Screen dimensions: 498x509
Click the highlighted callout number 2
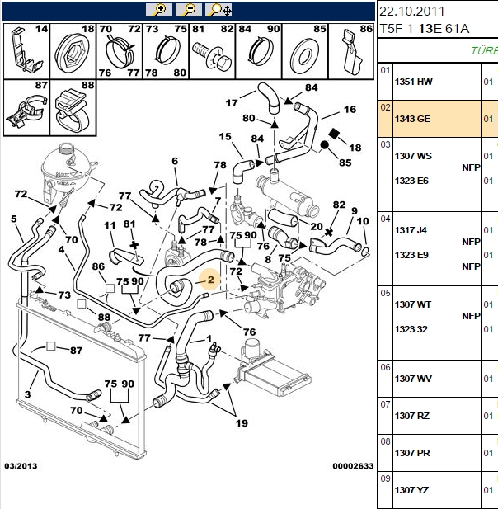[210, 279]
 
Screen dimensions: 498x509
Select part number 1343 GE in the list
[412, 119]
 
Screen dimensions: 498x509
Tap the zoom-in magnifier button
[158, 10]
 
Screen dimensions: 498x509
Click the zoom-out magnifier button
[189, 10]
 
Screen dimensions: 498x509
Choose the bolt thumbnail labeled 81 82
[212, 51]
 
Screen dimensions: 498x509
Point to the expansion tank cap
[67, 149]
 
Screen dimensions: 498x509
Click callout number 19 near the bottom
[242, 423]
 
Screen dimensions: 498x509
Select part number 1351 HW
[413, 82]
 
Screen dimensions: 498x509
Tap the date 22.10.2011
[411, 12]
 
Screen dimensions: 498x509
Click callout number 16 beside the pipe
[350, 110]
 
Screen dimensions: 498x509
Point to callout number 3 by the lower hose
[27, 394]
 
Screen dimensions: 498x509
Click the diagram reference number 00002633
[353, 466]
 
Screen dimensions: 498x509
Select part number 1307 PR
[412, 453]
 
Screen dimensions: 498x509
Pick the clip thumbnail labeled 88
[73, 108]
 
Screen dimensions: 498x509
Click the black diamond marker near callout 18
[333, 134]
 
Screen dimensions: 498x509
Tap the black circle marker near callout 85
[324, 144]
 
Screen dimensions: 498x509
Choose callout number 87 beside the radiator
[76, 351]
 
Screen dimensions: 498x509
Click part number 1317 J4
[411, 230]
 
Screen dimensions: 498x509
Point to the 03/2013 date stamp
[21, 466]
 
